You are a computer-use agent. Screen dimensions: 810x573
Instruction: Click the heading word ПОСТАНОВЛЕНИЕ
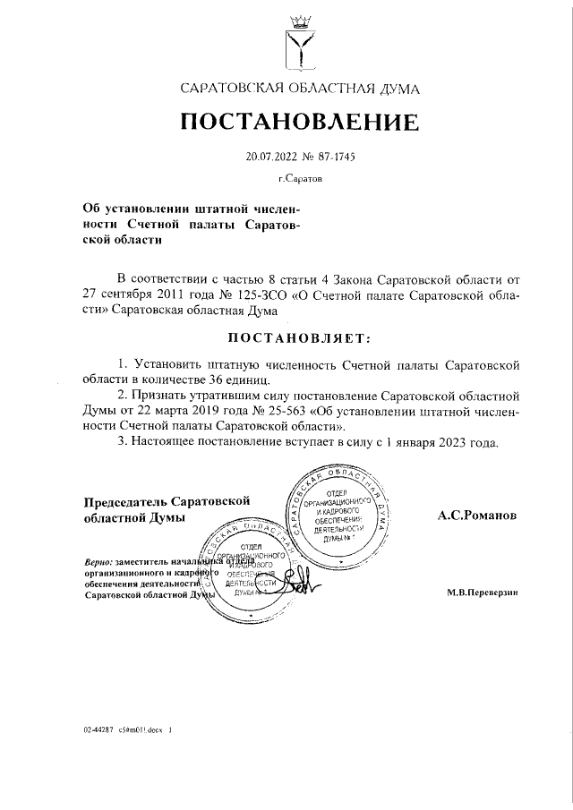pos(300,122)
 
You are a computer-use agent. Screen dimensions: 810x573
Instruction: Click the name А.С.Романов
pos(477,516)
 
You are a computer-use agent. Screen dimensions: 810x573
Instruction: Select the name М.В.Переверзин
pos(482,593)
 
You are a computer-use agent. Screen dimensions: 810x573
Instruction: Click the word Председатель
pos(125,501)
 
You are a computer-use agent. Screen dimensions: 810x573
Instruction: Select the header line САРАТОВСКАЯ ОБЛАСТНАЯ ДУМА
pos(299,89)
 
